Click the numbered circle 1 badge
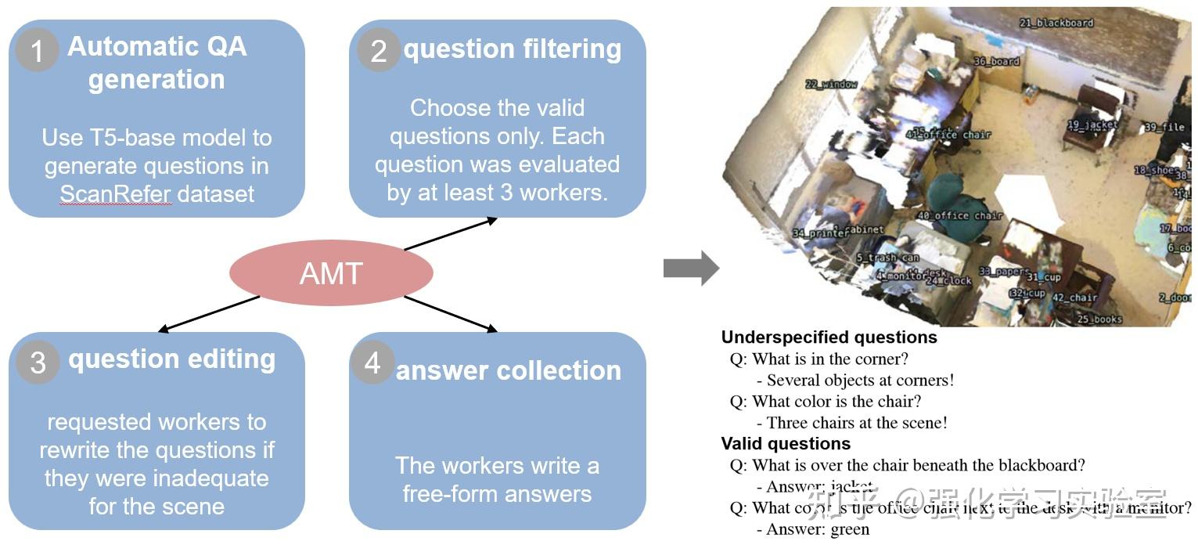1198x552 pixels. [37, 50]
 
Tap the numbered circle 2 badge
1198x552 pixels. [379, 50]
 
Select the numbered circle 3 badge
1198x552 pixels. [38, 362]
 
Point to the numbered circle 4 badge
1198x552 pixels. [372, 362]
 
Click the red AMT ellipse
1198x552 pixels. [331, 273]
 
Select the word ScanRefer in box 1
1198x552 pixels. [115, 194]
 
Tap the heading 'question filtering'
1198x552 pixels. [513, 49]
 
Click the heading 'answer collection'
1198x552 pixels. [509, 370]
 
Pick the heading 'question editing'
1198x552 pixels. [171, 359]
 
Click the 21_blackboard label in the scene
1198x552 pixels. [1056, 23]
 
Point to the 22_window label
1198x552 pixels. [831, 84]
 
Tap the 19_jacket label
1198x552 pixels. [1092, 124]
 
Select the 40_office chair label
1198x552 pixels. [960, 215]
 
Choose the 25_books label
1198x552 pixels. [1099, 319]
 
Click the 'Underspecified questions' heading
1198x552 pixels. [829, 337]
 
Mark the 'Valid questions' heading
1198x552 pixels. [786, 444]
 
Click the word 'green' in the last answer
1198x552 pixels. [850, 529]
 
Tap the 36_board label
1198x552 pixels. [996, 61]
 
